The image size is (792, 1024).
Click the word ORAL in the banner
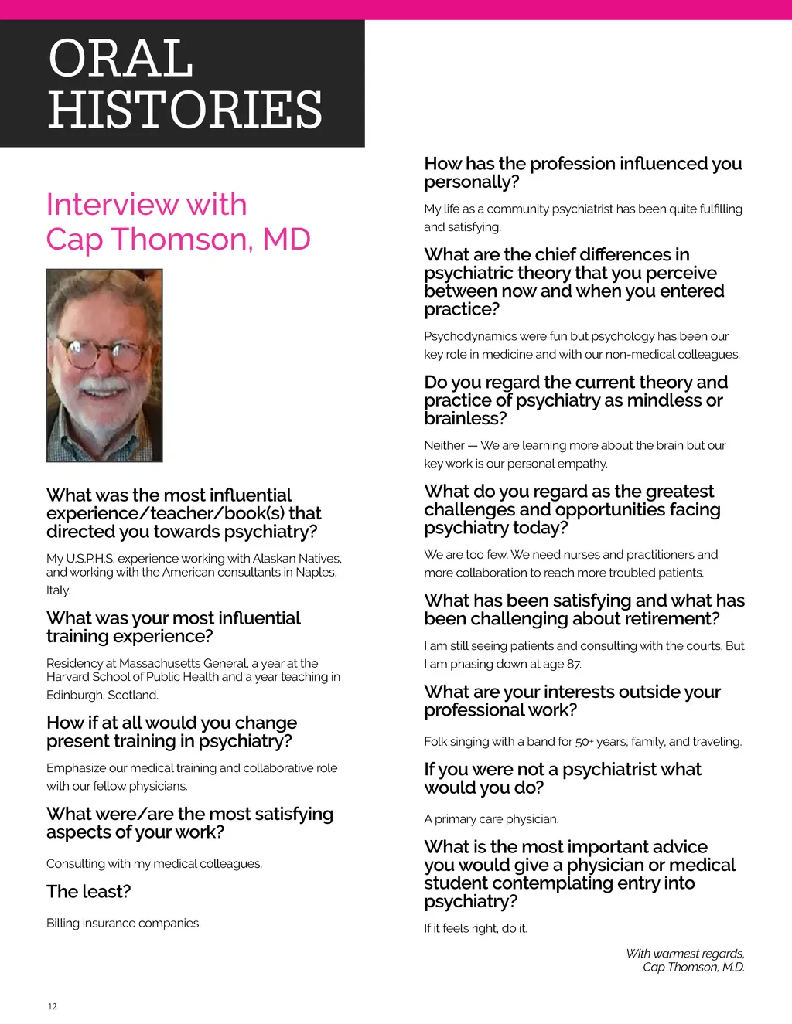[121, 59]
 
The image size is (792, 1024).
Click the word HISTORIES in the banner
[185, 109]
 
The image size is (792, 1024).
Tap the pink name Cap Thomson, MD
[178, 240]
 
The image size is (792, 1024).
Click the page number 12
[53, 1006]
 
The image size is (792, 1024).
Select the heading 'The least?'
[88, 892]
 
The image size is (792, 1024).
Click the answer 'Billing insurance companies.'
[123, 924]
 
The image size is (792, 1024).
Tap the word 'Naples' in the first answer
[315, 573]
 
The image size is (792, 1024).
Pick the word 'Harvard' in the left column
[68, 677]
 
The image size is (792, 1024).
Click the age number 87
[573, 665]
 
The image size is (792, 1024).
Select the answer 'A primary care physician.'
[491, 819]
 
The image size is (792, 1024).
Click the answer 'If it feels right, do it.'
[476, 928]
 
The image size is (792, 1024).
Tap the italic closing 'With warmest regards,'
[684, 954]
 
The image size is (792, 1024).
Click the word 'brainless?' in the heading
[466, 419]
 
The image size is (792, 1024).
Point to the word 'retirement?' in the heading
[672, 619]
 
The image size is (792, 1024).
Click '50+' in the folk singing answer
[583, 742]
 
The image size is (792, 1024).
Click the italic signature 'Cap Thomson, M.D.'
[693, 968]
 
